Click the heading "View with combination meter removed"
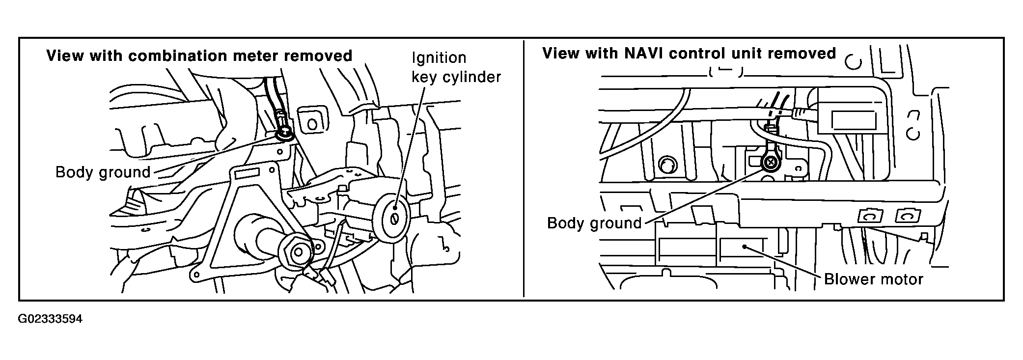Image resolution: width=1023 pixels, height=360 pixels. [x=199, y=56]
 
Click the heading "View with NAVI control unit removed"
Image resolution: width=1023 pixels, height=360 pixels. [x=689, y=54]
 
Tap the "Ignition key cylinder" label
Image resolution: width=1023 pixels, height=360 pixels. [x=456, y=67]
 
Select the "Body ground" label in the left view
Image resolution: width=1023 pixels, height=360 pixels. [x=103, y=172]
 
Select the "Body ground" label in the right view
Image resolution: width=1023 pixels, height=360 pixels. [x=594, y=223]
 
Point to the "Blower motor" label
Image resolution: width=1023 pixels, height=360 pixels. [x=874, y=279]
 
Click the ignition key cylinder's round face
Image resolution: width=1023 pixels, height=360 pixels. [x=391, y=219]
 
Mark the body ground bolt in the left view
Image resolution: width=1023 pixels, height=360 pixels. [x=284, y=133]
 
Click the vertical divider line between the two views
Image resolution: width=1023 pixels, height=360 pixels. [x=524, y=169]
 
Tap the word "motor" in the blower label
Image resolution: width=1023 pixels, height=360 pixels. [x=902, y=279]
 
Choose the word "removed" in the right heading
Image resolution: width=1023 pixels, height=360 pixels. [x=803, y=54]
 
